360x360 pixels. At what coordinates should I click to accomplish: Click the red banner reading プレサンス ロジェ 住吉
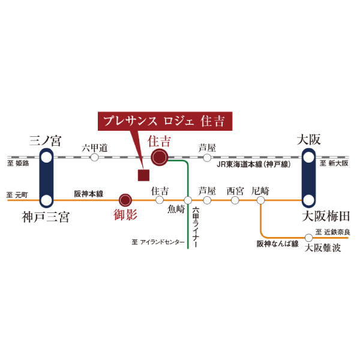(164, 121)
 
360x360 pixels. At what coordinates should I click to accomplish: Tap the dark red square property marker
(143, 175)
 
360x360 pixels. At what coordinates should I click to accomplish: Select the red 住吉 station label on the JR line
(159, 142)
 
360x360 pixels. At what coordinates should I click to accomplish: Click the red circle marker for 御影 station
(125, 200)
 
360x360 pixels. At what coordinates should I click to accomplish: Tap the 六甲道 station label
(94, 147)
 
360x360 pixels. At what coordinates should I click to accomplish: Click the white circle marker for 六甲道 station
(94, 157)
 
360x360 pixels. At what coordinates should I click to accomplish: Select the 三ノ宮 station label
(46, 141)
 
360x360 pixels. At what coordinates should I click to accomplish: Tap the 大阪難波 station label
(323, 247)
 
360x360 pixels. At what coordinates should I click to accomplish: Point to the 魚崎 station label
(176, 209)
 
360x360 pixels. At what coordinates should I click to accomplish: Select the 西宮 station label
(235, 191)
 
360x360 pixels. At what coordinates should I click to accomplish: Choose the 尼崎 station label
(260, 191)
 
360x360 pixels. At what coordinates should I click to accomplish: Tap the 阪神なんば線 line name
(277, 244)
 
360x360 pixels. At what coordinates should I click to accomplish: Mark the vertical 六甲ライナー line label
(196, 229)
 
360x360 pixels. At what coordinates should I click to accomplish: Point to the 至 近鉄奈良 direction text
(332, 232)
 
